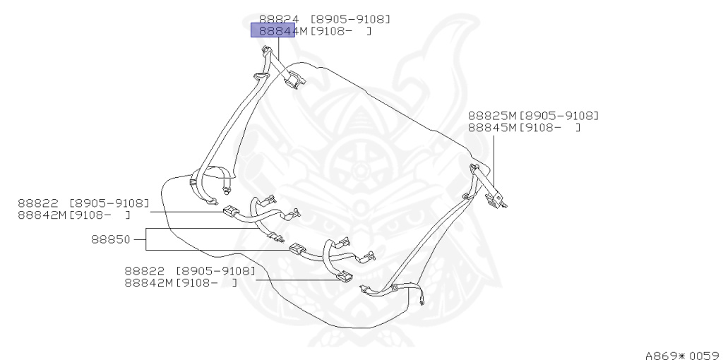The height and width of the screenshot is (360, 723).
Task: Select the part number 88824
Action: coord(280,19)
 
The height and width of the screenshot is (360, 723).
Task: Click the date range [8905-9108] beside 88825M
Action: coord(558,116)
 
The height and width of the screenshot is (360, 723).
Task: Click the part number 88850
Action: coord(110,239)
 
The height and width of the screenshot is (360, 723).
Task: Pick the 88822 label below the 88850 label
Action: coord(145,270)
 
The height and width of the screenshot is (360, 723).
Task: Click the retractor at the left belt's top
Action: coord(292,80)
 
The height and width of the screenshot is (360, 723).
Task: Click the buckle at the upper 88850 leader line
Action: coord(231,210)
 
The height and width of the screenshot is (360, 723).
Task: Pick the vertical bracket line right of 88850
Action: coord(146,239)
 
